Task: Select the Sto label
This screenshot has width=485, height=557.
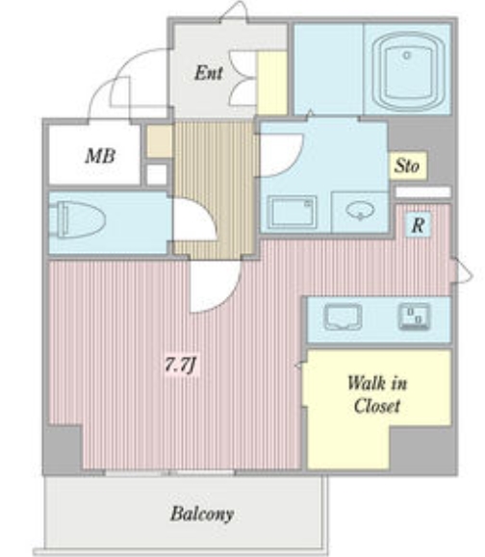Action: [x=408, y=166]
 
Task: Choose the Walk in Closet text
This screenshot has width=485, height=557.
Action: [x=376, y=394]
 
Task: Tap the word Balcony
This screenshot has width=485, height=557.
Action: [x=202, y=514]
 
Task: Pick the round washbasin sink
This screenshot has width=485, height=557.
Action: [x=360, y=210]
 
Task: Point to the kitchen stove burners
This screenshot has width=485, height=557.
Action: [x=415, y=316]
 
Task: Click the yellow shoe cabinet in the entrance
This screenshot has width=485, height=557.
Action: [x=272, y=84]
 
